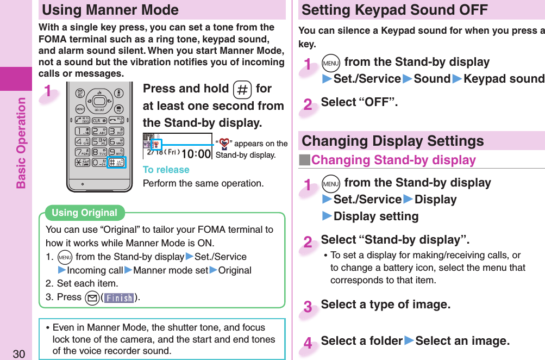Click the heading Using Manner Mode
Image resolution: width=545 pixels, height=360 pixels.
(x=110, y=10)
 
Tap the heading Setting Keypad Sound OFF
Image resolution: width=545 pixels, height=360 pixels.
(x=394, y=10)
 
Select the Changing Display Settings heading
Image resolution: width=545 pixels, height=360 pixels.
(x=392, y=141)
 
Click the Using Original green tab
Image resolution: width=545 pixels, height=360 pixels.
(x=84, y=213)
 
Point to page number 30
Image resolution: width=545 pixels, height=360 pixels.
(x=19, y=354)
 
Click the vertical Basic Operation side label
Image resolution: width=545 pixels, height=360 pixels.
(x=21, y=142)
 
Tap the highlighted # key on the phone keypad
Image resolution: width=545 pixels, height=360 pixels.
(x=116, y=163)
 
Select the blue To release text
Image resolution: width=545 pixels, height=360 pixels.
(x=166, y=170)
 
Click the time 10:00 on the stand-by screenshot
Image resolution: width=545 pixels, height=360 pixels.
(x=196, y=153)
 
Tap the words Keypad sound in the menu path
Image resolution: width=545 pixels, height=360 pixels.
(x=503, y=79)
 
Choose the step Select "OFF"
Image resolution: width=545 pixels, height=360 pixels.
(x=359, y=102)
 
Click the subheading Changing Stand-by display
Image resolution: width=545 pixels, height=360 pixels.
(x=393, y=160)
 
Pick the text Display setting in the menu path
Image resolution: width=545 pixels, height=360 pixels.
(x=375, y=216)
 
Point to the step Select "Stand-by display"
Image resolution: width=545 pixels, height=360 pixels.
(x=395, y=240)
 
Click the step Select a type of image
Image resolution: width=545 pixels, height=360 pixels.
(x=385, y=305)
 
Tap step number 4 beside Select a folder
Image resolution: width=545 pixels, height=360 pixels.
(x=308, y=343)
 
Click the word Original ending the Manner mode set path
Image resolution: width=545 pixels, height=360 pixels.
(x=235, y=270)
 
